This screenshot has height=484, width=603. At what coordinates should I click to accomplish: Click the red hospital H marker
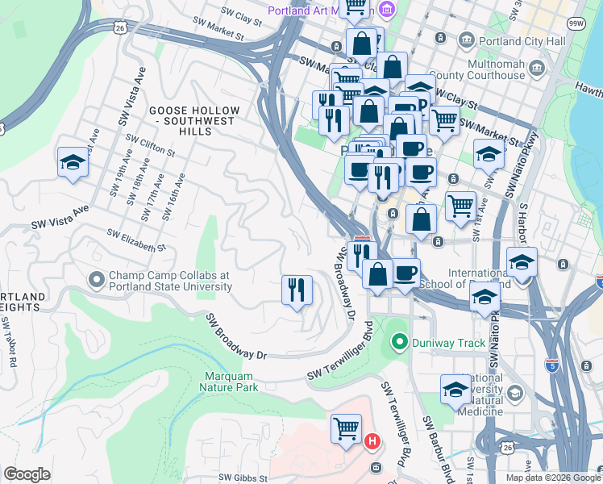coord(372,441)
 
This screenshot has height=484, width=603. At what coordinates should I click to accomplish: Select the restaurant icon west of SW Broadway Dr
coord(297,289)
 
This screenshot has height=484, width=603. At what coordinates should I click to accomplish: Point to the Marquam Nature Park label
coord(231,382)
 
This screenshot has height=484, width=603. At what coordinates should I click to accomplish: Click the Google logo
coord(27,474)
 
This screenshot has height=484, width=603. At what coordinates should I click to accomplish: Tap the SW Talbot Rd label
coord(9,343)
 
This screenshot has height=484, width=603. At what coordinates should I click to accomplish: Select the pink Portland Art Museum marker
coord(386,10)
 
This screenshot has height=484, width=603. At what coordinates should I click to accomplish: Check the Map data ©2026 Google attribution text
coord(552,477)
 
